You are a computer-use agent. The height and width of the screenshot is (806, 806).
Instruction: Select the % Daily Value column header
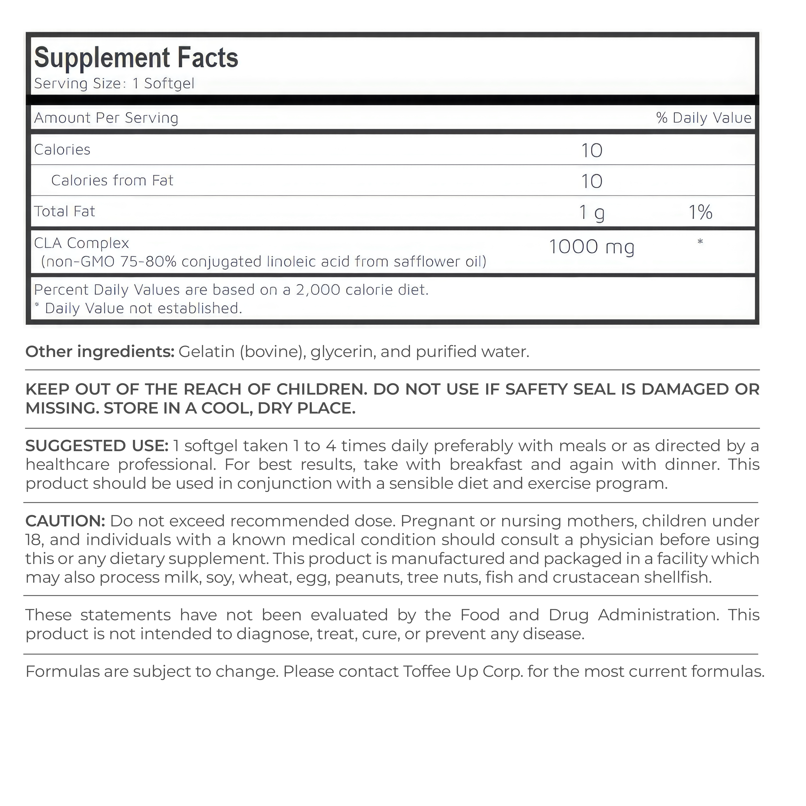[703, 118]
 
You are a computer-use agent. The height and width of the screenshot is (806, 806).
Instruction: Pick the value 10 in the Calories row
[591, 150]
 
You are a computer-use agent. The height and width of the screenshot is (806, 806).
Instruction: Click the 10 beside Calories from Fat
[591, 181]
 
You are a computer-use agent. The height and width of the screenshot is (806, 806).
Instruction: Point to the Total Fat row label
[65, 211]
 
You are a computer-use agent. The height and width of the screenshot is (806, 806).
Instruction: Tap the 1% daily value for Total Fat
[700, 212]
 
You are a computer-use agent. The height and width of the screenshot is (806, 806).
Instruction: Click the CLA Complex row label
[81, 243]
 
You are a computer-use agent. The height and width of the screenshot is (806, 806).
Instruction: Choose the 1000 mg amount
[591, 247]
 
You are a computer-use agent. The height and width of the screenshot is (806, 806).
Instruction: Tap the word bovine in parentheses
[271, 352]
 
